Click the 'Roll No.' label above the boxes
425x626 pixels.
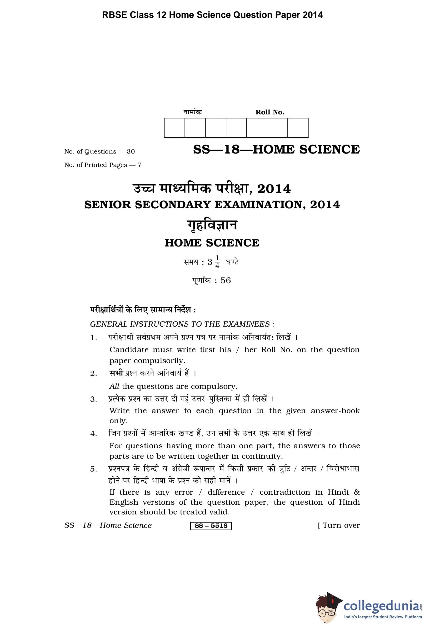tap(270, 112)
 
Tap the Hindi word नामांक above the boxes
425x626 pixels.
tap(193, 112)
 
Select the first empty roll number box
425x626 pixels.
tap(174, 128)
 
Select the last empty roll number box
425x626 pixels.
tap(298, 128)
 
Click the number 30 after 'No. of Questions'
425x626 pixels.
tap(131, 151)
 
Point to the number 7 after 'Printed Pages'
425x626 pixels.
tap(139, 165)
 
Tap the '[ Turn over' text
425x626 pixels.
tap(339, 526)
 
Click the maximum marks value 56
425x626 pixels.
tap(225, 280)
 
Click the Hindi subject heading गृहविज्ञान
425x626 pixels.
tap(212, 225)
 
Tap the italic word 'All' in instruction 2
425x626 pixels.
tap(114, 386)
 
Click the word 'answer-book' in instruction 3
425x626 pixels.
tap(335, 411)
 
